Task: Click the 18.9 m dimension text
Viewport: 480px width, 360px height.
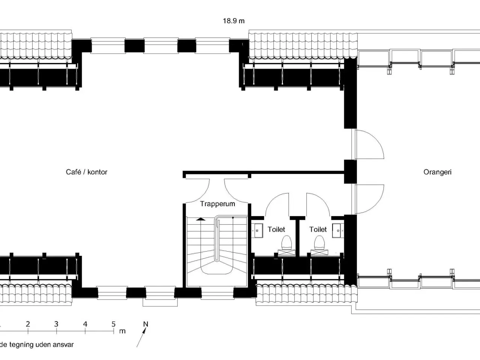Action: point(234,21)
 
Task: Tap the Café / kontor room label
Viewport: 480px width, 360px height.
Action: point(87,172)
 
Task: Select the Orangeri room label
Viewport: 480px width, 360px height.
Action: point(437,172)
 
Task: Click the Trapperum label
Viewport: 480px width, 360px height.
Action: point(217,204)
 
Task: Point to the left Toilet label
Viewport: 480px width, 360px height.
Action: point(276,229)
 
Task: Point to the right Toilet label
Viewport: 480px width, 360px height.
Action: point(318,229)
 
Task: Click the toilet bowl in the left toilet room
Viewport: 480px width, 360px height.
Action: point(286,243)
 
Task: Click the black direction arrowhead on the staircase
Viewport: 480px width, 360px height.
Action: point(201,218)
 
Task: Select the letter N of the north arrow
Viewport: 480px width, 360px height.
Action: point(146,324)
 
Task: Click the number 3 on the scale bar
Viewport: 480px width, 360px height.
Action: point(56,324)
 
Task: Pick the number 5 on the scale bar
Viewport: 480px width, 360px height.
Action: point(114,324)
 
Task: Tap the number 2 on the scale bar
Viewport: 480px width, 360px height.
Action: point(28,324)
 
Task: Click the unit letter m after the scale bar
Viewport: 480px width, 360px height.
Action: point(122,331)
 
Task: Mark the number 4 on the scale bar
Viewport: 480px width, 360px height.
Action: point(85,324)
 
